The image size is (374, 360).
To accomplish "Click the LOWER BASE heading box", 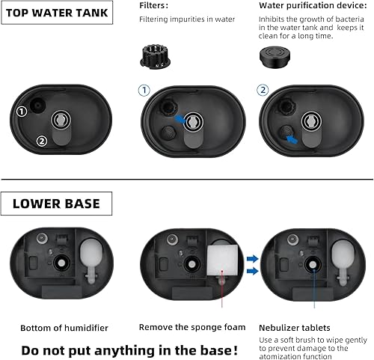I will [x=57, y=204].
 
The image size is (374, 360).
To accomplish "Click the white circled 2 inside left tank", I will [x=42, y=140].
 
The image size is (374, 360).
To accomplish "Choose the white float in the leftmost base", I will [x=92, y=261].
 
